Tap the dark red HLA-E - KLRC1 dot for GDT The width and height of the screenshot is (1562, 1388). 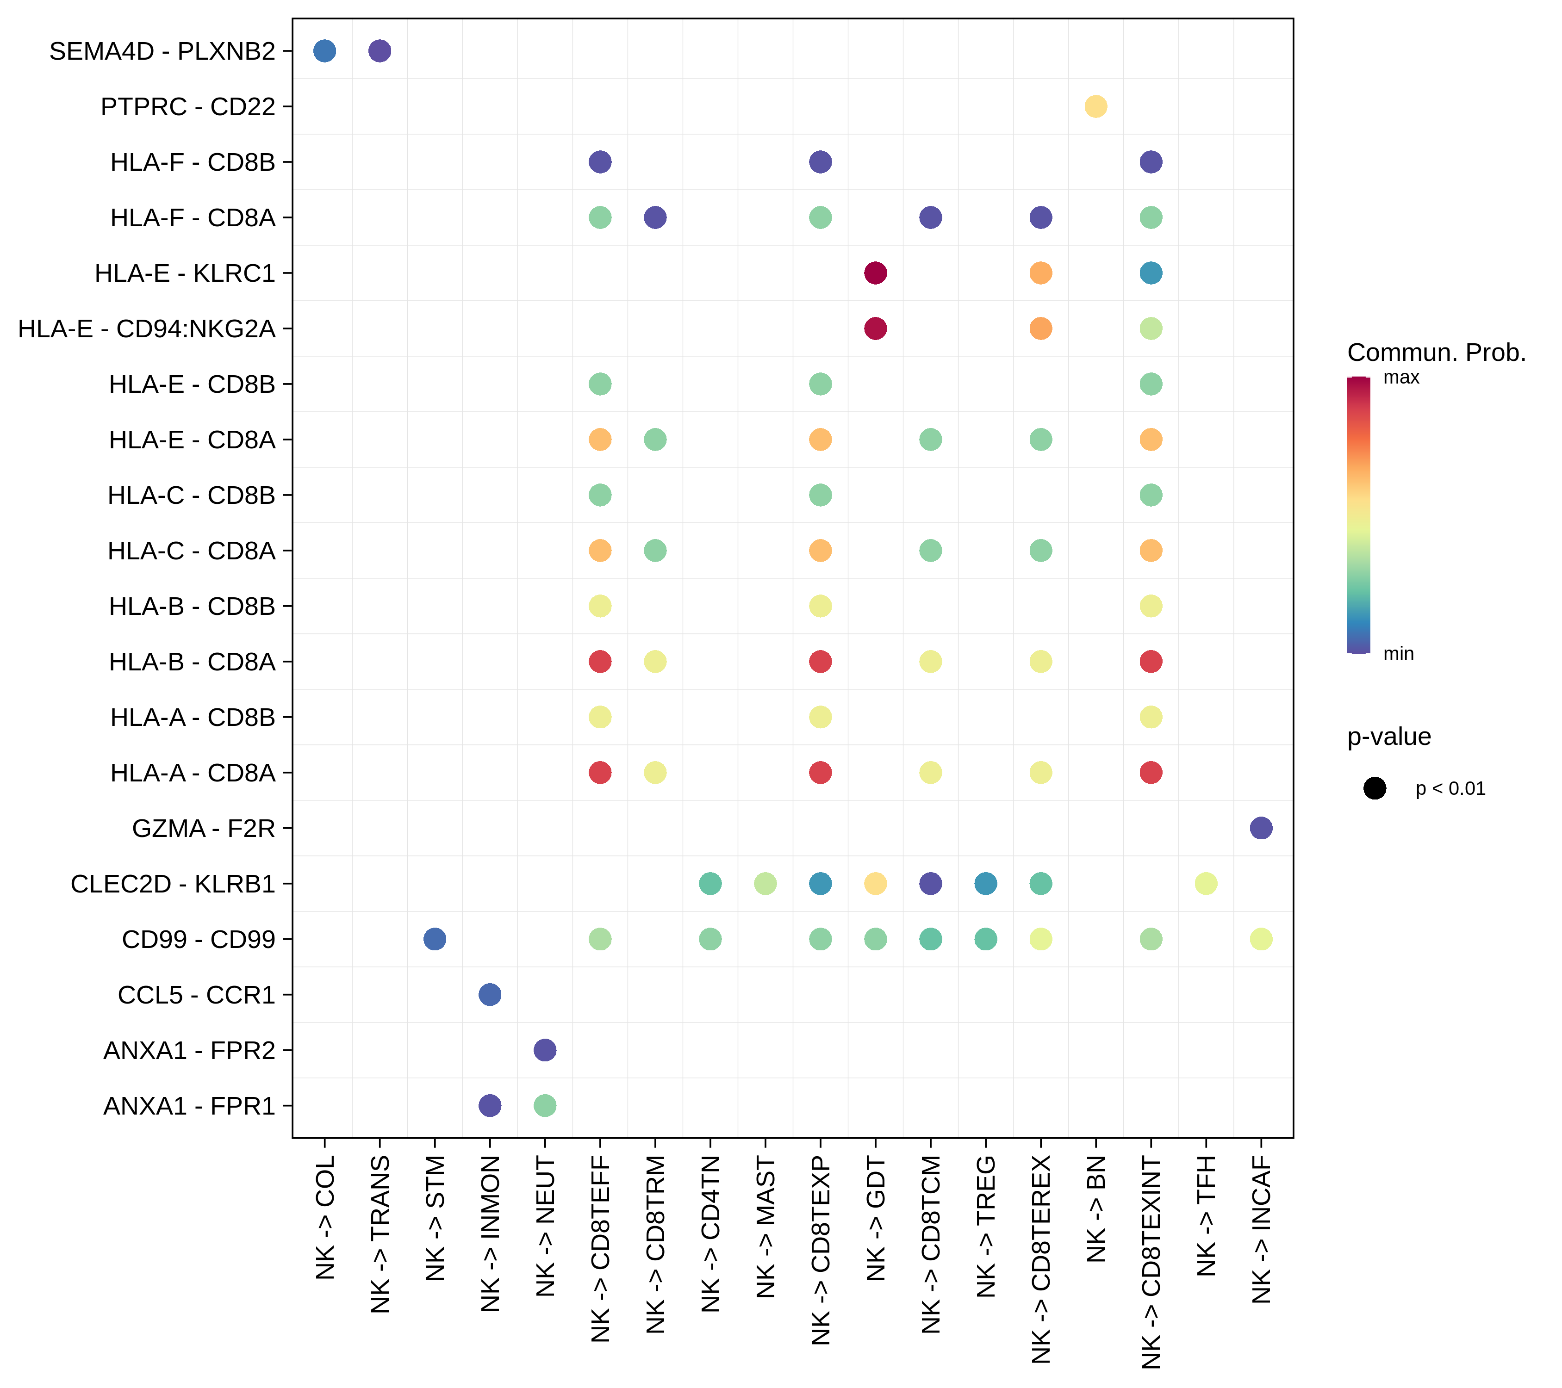pos(875,273)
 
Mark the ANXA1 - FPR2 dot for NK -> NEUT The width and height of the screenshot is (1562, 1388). pos(544,1050)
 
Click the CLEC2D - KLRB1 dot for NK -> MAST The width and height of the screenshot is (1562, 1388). pos(765,883)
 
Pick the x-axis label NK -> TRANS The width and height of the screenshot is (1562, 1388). pos(380,1233)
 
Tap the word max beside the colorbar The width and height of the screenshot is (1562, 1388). pos(1401,378)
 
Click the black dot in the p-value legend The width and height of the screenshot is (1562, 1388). pos(1374,788)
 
